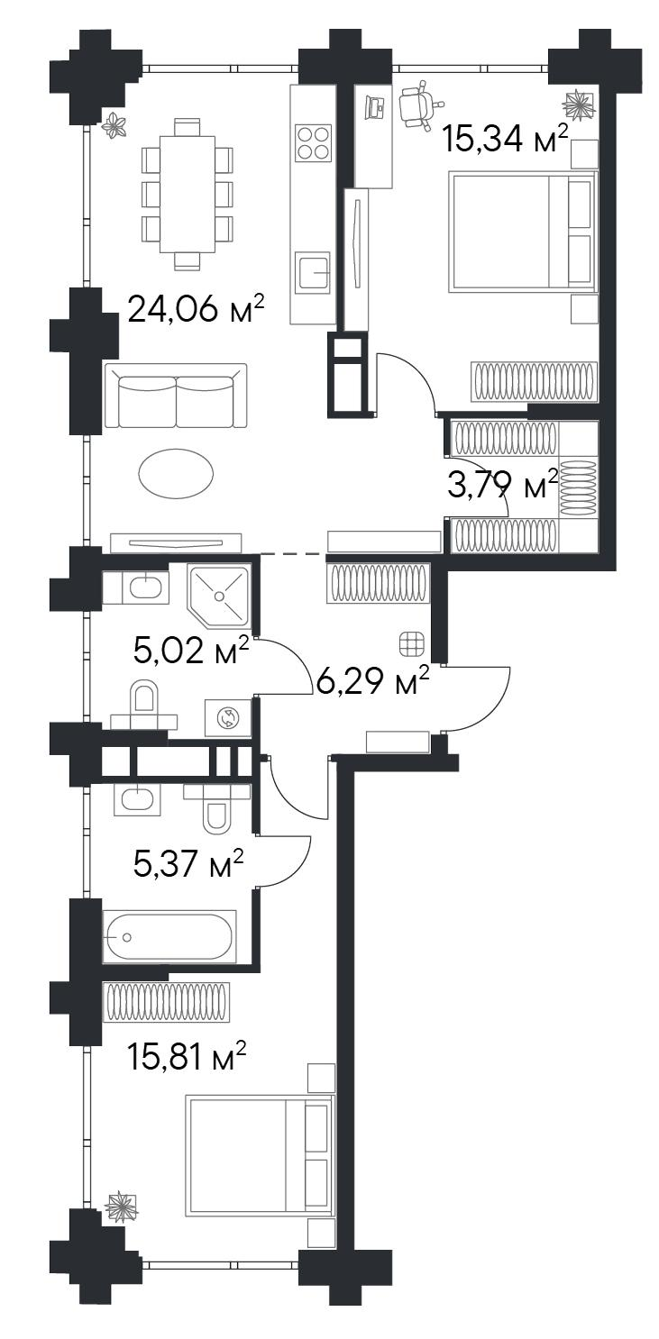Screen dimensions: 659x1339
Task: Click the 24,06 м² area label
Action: point(197,310)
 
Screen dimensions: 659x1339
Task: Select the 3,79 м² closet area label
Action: point(503,485)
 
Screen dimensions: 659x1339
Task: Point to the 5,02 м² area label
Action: point(191,651)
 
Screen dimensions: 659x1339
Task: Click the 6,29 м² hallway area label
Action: point(372,680)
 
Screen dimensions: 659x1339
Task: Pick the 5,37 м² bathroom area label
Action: point(188,864)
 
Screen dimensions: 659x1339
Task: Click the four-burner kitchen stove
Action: point(314,143)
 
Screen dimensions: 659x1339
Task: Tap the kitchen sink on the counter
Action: point(314,272)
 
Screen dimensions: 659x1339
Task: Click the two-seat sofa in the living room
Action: point(175,396)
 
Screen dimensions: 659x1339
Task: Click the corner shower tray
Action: point(219,596)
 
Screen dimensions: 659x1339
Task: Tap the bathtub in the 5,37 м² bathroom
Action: point(169,936)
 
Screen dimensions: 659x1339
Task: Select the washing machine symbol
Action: point(228,717)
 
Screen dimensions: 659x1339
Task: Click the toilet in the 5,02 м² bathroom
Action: point(144,706)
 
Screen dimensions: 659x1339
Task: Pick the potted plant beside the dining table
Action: point(114,127)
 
